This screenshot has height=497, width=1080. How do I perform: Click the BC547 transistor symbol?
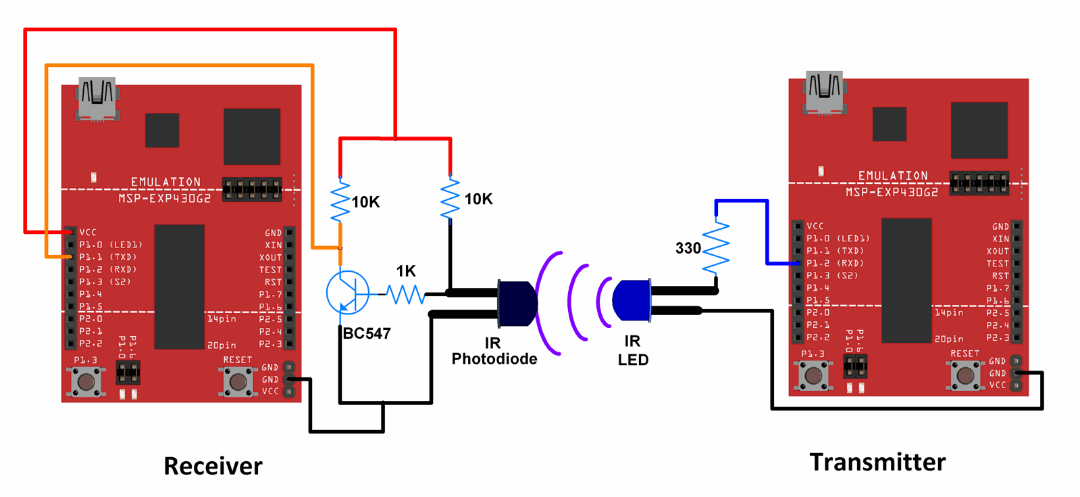pyautogui.click(x=347, y=292)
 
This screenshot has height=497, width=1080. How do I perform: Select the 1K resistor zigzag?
pyautogui.click(x=405, y=294)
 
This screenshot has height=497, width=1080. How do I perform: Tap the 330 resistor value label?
pyautogui.click(x=688, y=248)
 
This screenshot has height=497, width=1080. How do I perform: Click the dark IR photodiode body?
pyautogui.click(x=517, y=304)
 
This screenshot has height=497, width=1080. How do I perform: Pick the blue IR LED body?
pyautogui.click(x=632, y=300)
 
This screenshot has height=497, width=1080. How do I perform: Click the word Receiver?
pyautogui.click(x=213, y=466)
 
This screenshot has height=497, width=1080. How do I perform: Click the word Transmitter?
pyautogui.click(x=877, y=462)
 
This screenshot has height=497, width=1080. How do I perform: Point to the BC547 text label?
pyautogui.click(x=367, y=333)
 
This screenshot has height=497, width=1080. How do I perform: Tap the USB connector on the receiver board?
pyautogui.click(x=97, y=99)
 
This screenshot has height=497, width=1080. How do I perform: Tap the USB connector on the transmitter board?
pyautogui.click(x=824, y=93)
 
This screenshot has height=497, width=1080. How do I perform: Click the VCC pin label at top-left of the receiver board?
pyautogui.click(x=88, y=232)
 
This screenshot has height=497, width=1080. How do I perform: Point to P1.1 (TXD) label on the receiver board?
pyautogui.click(x=107, y=257)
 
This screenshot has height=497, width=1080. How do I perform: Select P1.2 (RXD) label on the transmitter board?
pyautogui.click(x=835, y=263)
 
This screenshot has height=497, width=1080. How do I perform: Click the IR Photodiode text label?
pyautogui.click(x=494, y=351)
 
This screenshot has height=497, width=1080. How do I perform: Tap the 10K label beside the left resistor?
pyautogui.click(x=365, y=202)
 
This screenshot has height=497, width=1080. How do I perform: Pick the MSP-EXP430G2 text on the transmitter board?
pyautogui.click(x=892, y=192)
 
